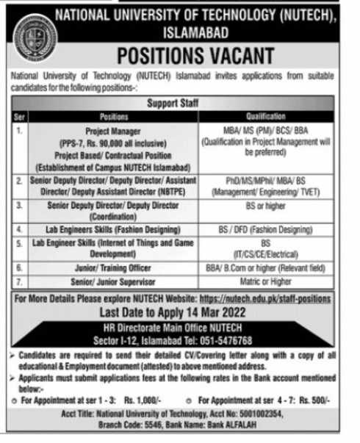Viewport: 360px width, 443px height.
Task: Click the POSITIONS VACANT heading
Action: coord(198,57)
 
